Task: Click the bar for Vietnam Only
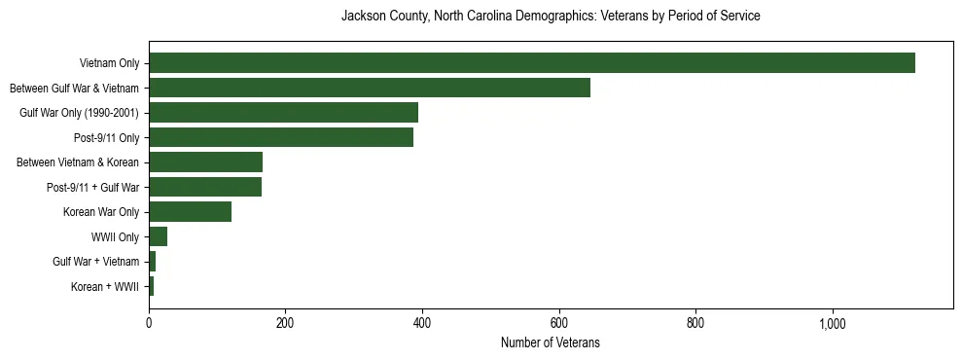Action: (531, 63)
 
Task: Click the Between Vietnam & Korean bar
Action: (205, 162)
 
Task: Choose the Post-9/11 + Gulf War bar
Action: (205, 187)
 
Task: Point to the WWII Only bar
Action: (158, 236)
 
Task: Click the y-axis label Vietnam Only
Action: (109, 63)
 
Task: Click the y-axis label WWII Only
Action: (115, 236)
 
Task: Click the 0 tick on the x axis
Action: (149, 323)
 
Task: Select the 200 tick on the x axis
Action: (285, 323)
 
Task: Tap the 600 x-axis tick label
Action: (559, 323)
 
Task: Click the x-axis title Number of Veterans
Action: (550, 342)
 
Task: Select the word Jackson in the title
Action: (363, 17)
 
